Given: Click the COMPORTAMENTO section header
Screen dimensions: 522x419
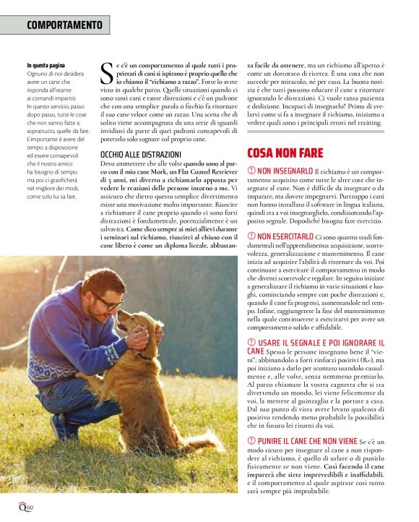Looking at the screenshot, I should [x=64, y=25].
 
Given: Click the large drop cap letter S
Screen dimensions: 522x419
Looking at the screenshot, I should [x=105, y=74].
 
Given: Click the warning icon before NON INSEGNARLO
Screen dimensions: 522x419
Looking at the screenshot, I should [x=251, y=171].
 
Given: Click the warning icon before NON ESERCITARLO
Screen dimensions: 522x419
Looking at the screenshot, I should [x=251, y=236].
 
